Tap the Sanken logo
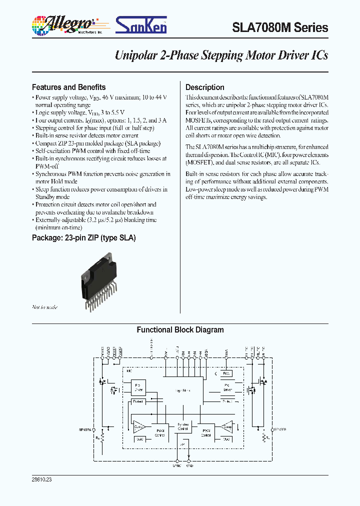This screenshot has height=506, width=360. coord(141,24)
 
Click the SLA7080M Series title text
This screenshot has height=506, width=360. coord(280,28)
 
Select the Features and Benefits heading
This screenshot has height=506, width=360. coord(68,87)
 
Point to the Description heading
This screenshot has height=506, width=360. coord(204,87)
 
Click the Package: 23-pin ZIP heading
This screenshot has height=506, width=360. coord(83,237)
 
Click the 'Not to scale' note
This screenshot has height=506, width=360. coord(44,307)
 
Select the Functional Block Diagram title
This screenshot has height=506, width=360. coord(180,330)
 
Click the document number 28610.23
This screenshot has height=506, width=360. coord(41,479)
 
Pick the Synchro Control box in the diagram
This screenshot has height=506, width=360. coord(183,427)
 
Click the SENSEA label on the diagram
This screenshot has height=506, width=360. coord(85,429)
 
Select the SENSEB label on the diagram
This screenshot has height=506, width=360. coord(280,429)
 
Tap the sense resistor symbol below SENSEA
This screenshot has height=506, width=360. coord(103,438)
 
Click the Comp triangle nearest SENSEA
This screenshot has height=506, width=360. coord(138,426)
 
